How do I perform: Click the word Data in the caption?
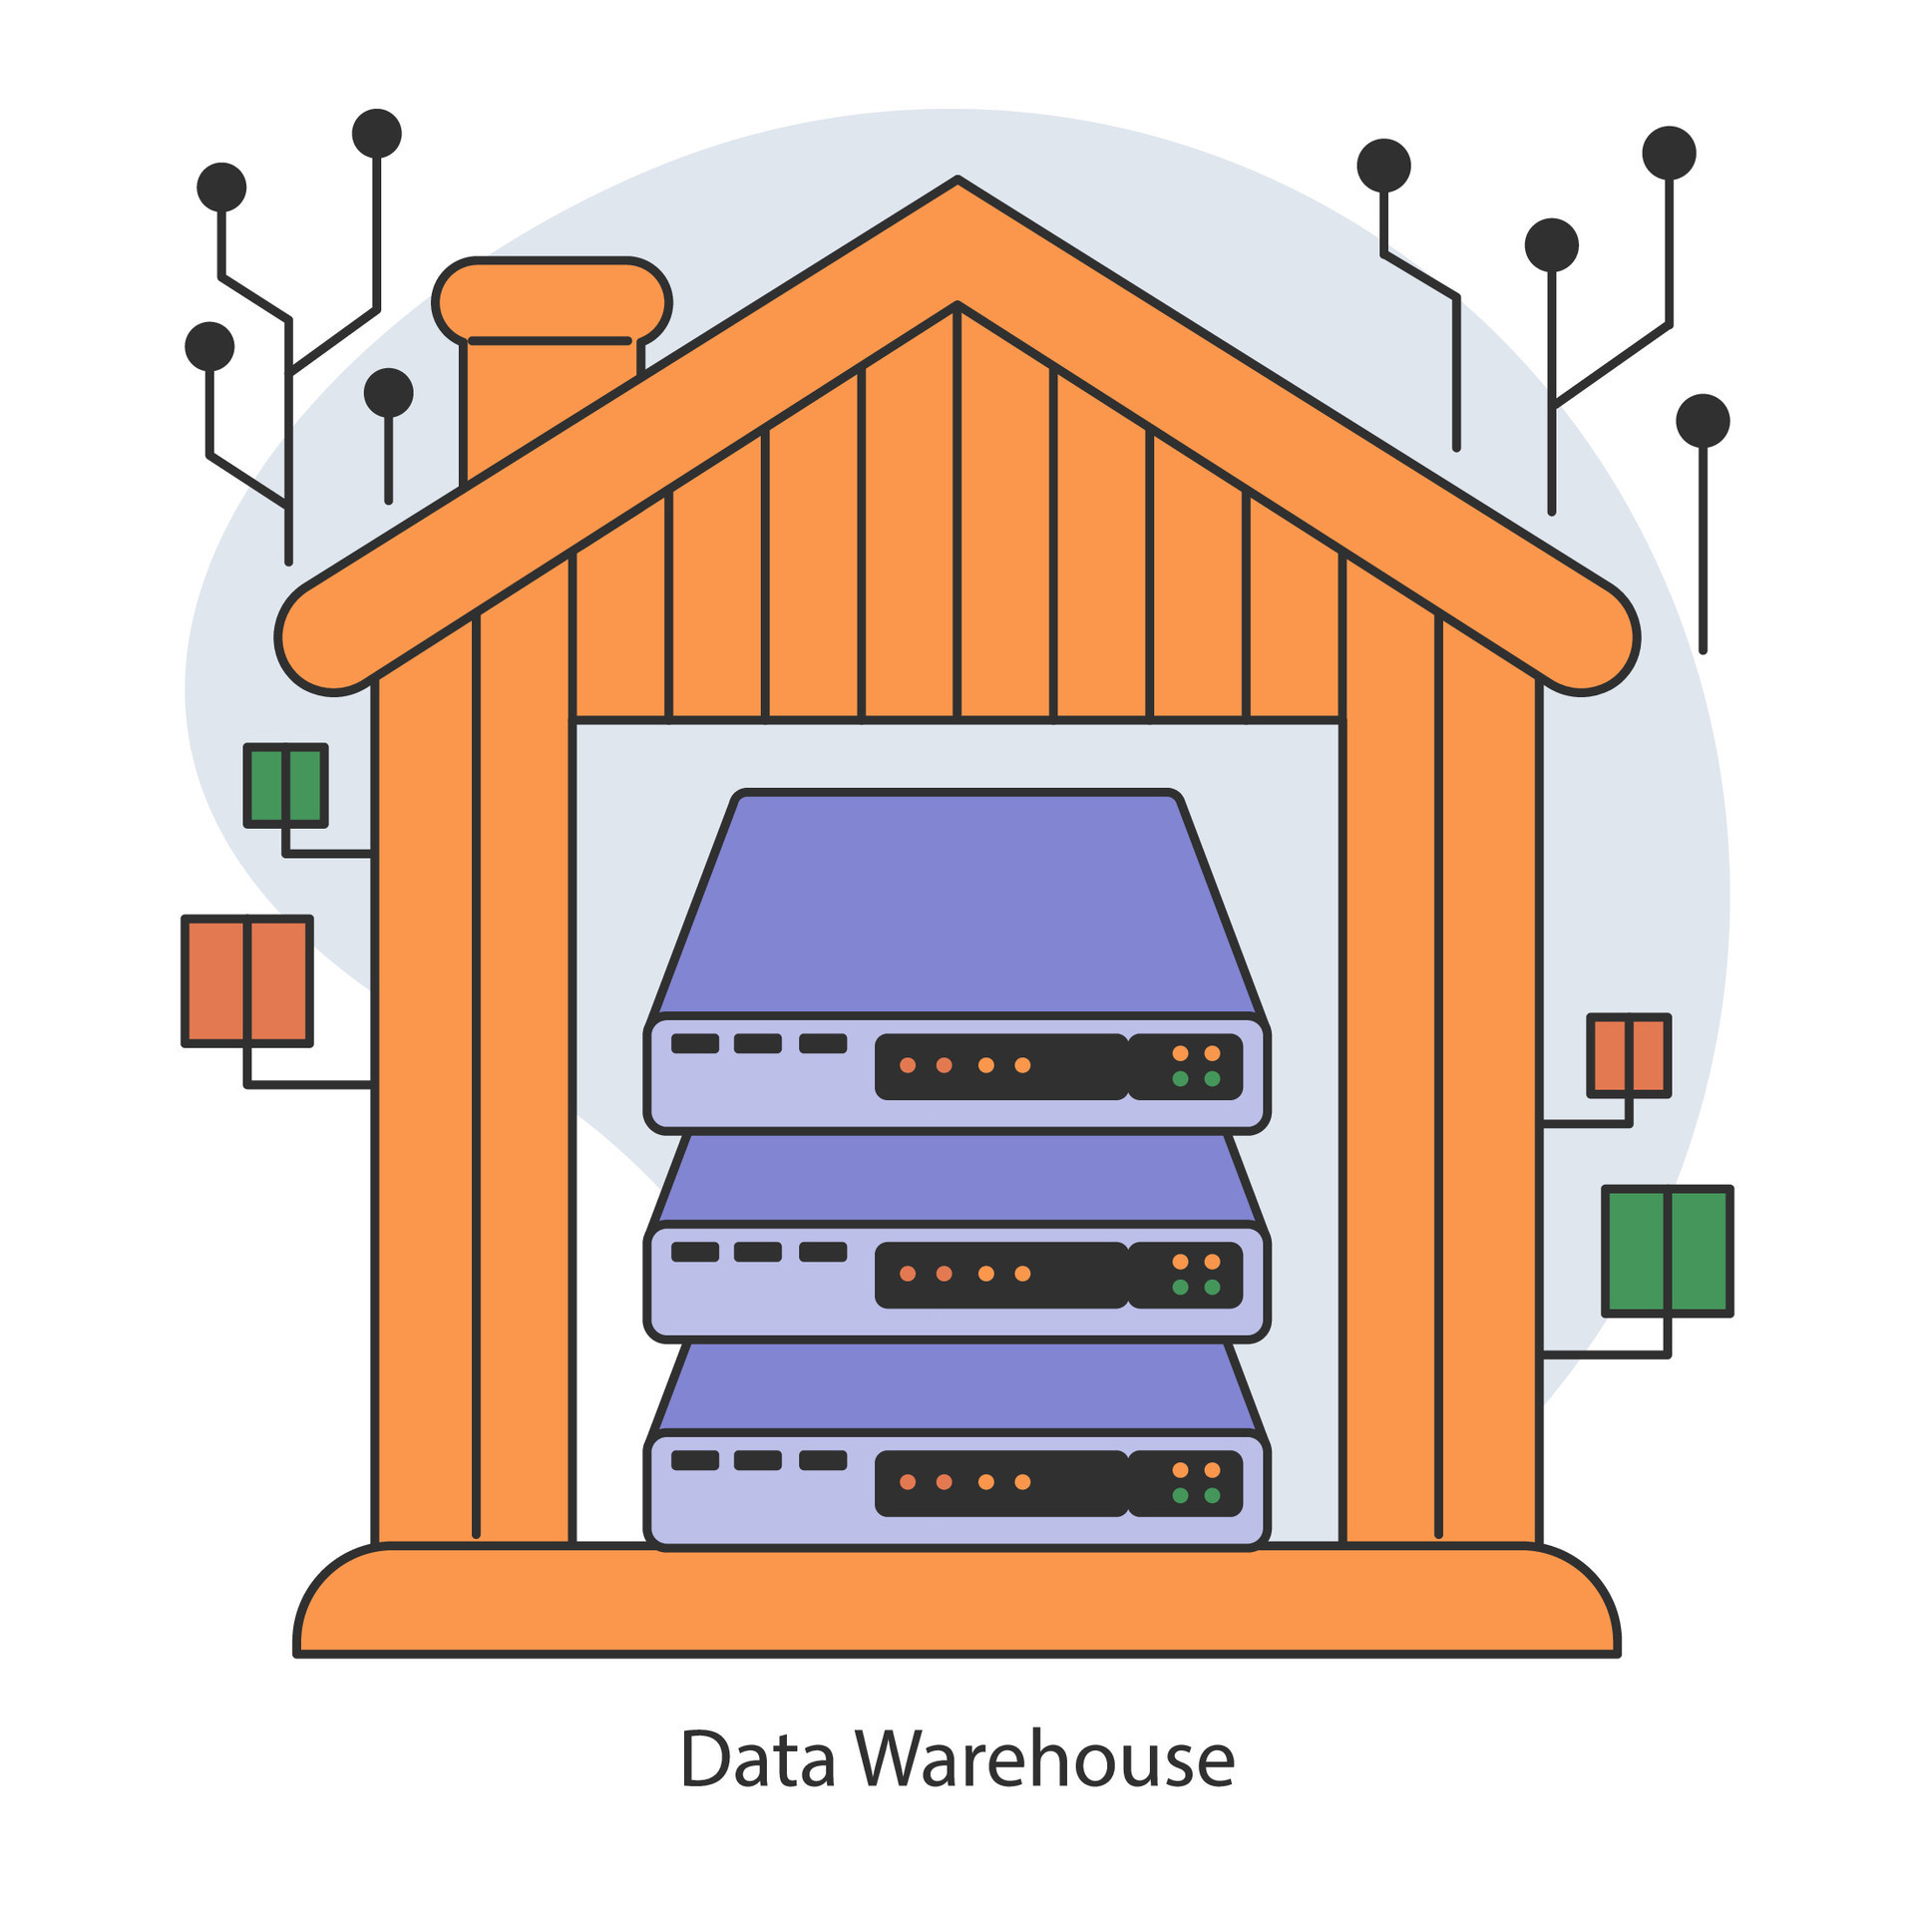pos(757,1759)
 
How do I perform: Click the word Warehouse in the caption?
pos(1044,1759)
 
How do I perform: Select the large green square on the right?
pos(1668,1251)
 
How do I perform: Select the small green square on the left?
pos(286,785)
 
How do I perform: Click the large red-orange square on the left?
pos(247,980)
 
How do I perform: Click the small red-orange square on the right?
pos(1629,1055)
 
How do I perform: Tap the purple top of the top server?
pos(957,903)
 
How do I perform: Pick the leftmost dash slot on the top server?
pos(695,1043)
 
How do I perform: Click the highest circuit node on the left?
pos(377,134)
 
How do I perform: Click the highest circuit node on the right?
pos(1669,153)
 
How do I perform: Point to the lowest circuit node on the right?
pos(1703,421)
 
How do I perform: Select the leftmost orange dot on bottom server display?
pos(908,1482)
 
